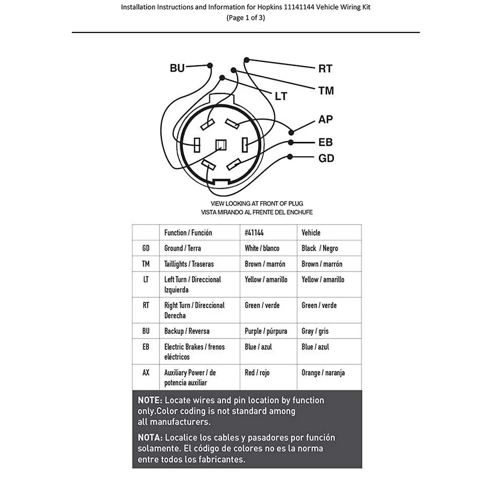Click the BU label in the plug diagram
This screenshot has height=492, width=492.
pos(177,68)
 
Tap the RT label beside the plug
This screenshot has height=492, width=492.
pos(325,69)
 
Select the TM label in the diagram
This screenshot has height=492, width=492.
pos(326,91)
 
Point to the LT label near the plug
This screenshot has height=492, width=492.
pos(280,96)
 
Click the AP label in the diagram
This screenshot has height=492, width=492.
pos(326,120)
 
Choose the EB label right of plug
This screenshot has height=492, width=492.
pos(326,143)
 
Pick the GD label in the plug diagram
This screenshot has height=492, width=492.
pos(326,158)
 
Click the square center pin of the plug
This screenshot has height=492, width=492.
pos(221,145)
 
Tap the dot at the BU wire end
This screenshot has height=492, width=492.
pos(210,65)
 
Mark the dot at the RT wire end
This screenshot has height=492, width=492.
pos(246,60)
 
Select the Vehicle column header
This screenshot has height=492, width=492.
pos(311,233)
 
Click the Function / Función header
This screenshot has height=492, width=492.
pos(188,233)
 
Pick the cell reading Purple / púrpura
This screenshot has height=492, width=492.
pos(266,331)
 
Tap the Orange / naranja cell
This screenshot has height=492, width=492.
pos(323,372)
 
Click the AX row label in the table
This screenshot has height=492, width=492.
pos(146,372)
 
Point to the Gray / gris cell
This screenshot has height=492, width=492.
pos(315,331)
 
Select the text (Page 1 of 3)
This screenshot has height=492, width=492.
pos(246,18)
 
